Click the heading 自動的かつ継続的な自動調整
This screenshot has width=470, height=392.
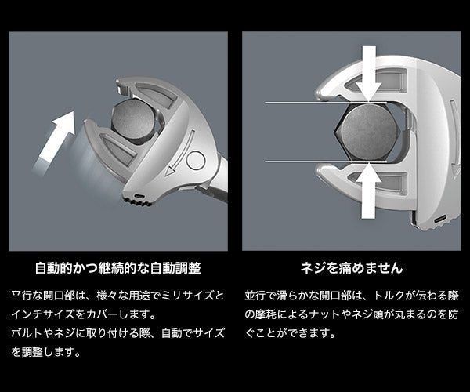(117, 268)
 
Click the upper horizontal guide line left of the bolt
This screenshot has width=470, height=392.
(298, 103)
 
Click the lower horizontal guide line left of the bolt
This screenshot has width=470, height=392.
(298, 160)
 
